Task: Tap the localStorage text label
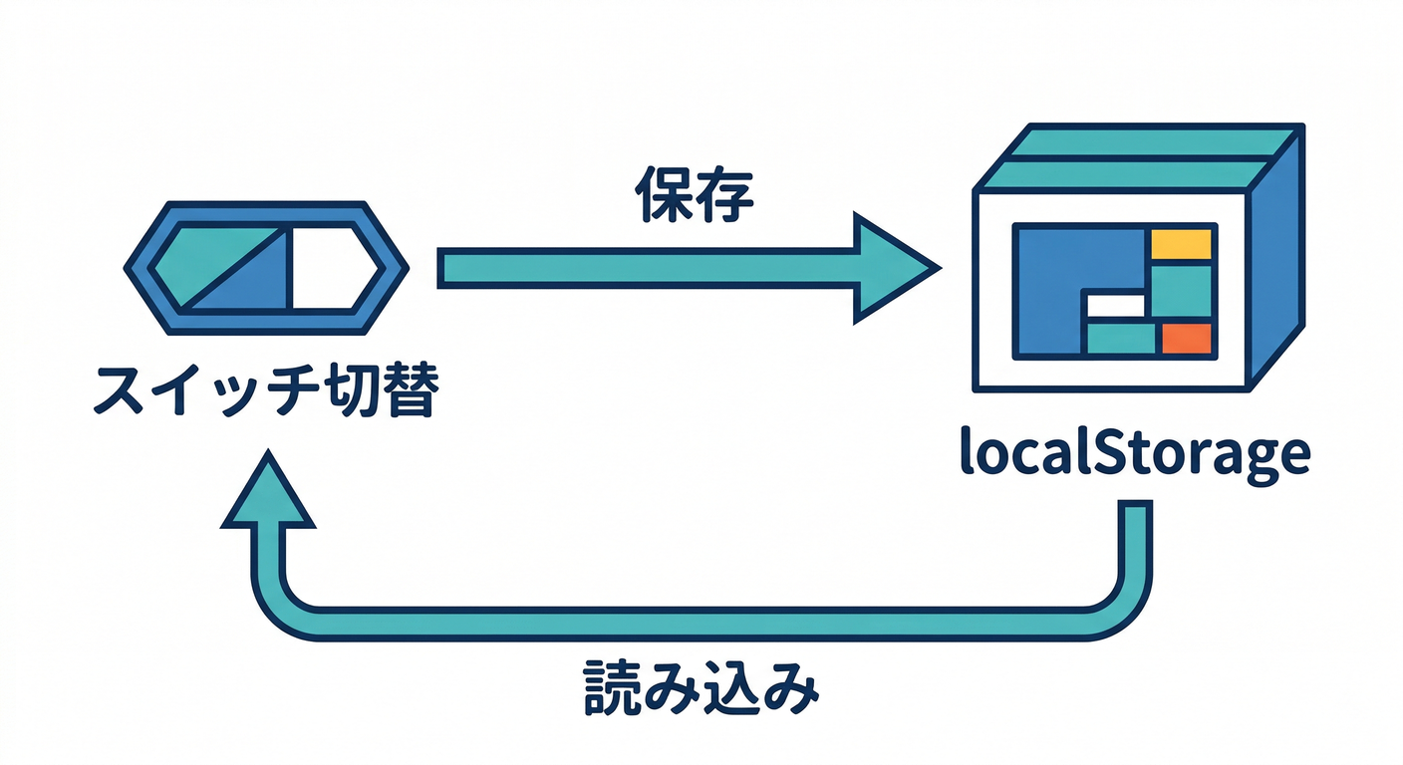tap(1133, 453)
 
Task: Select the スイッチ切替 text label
tap(263, 391)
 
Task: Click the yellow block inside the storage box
tap(1181, 244)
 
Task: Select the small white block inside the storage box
tap(1115, 306)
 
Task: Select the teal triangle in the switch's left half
tap(204, 254)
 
